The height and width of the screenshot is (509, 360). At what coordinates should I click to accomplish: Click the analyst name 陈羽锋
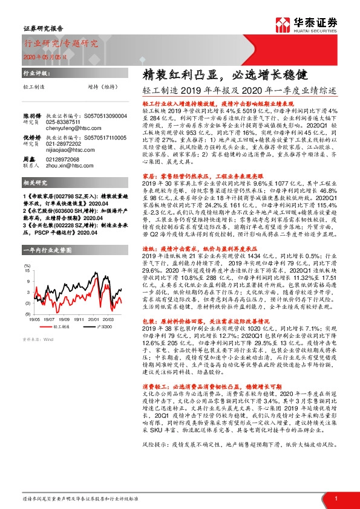pos(32,114)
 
